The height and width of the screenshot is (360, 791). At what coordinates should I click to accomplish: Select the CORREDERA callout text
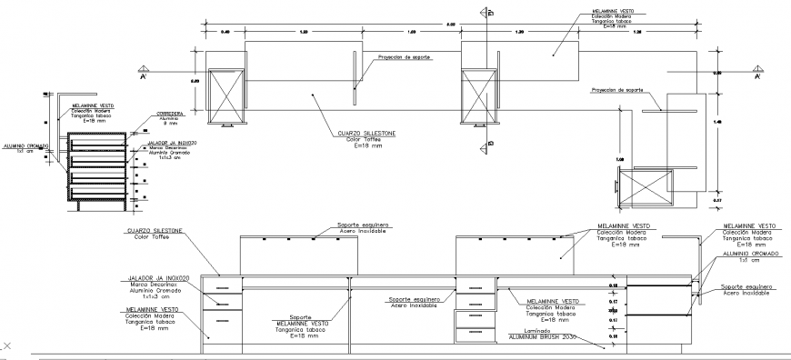point(171,115)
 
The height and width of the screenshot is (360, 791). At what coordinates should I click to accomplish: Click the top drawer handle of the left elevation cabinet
point(220,286)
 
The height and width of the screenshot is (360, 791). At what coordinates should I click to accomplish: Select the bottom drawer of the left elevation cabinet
point(223,324)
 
